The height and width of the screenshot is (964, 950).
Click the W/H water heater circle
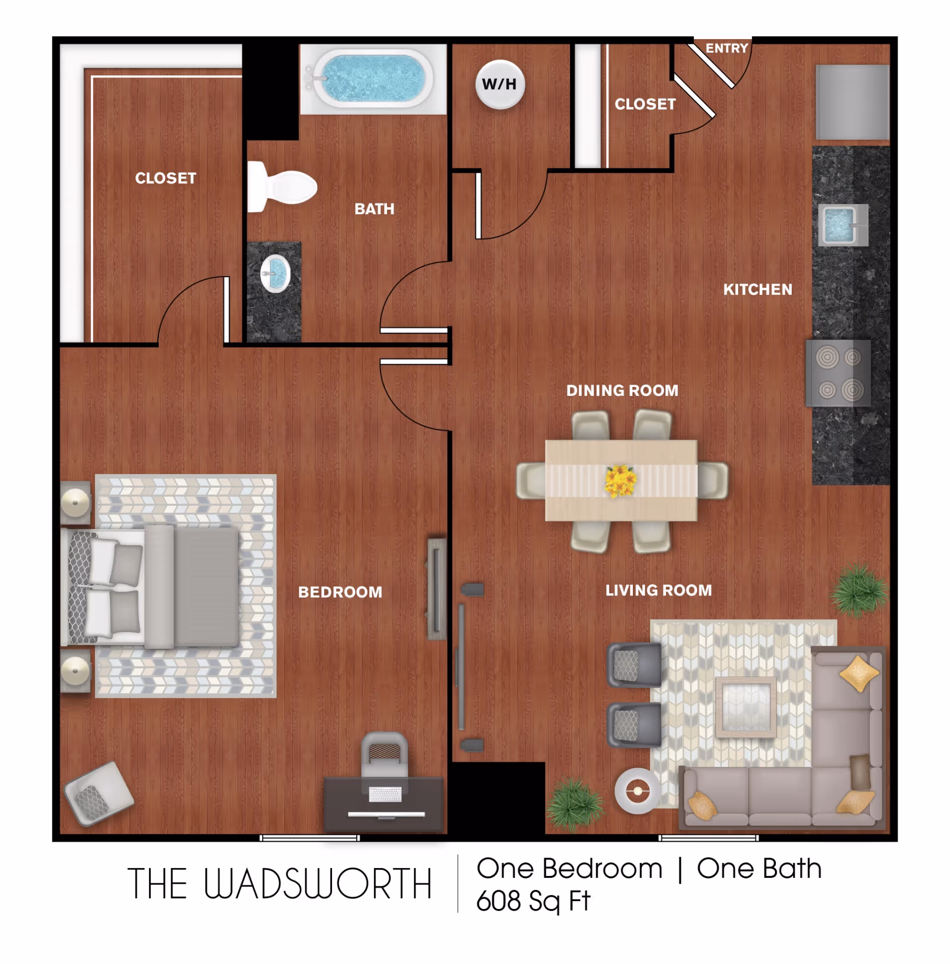[x=499, y=84]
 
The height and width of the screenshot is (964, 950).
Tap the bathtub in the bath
[x=373, y=79]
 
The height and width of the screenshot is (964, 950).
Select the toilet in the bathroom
[x=282, y=187]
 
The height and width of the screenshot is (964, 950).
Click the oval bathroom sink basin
[x=276, y=273]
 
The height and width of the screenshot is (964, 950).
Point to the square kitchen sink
[x=842, y=225]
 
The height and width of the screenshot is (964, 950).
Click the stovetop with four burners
[x=838, y=373]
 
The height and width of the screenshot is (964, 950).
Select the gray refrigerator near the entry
[x=852, y=102]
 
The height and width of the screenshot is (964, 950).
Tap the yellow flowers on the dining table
[x=620, y=481]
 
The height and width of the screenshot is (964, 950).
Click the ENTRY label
[x=726, y=48]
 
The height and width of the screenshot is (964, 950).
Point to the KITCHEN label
[x=758, y=289]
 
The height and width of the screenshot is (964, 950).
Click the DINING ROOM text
[x=622, y=390]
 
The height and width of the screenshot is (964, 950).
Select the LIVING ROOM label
[x=659, y=590]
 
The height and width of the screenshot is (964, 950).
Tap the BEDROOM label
[x=340, y=592]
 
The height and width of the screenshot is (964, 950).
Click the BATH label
[x=374, y=208]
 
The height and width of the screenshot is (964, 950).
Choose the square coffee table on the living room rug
[x=746, y=707]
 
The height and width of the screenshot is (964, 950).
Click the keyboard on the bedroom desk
[x=385, y=794]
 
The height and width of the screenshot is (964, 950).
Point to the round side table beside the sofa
[x=638, y=791]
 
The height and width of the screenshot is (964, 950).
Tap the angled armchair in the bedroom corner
[x=99, y=793]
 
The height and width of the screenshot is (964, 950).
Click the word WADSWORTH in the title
[x=317, y=884]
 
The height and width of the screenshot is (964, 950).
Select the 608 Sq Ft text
[x=533, y=902]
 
